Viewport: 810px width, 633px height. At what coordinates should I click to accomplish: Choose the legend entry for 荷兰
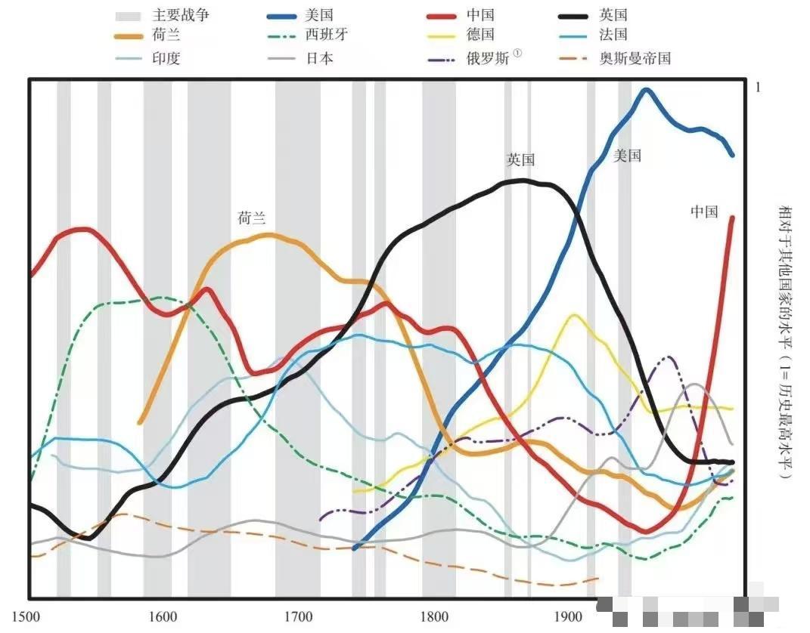[166, 35]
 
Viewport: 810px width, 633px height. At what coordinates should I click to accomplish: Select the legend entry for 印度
[166, 58]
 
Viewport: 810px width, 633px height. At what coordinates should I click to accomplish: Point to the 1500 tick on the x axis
[26, 616]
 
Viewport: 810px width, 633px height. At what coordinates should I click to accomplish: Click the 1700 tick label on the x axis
[298, 616]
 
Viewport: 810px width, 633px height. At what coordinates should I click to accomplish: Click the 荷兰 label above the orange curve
[252, 218]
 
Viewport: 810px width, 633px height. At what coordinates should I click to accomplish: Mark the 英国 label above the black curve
[521, 160]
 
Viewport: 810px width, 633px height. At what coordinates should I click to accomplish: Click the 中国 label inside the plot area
[703, 212]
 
